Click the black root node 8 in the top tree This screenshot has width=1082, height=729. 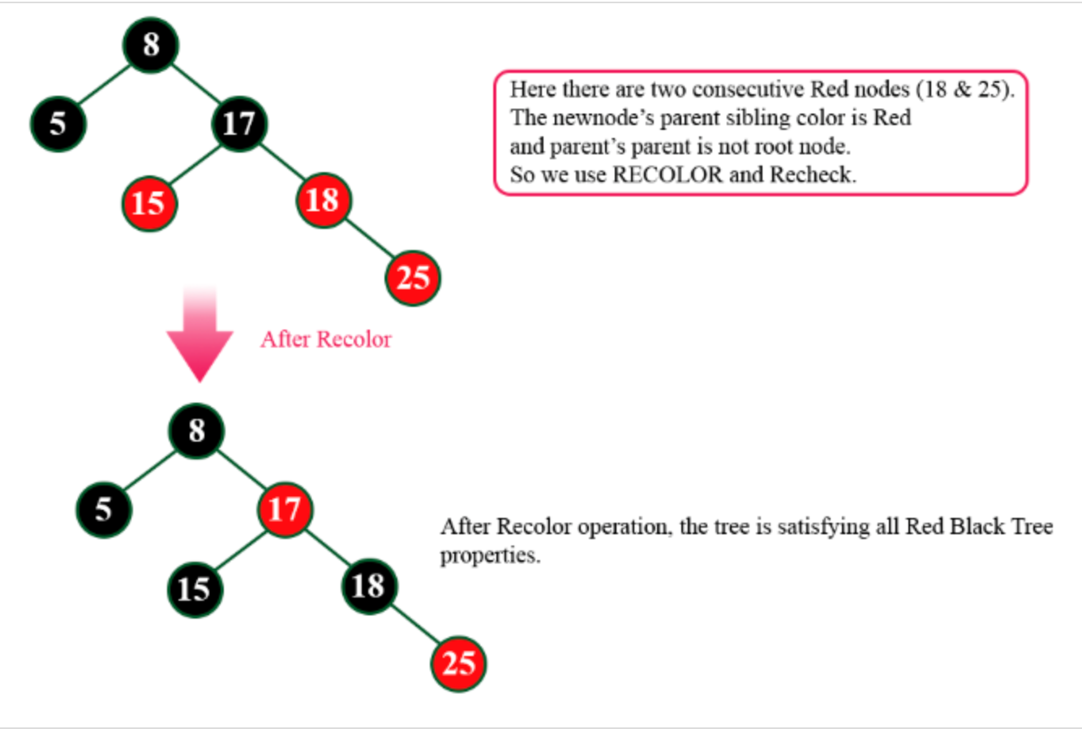pos(151,45)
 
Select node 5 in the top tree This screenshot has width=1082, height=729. pos(58,123)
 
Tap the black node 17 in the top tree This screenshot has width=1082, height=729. pos(239,123)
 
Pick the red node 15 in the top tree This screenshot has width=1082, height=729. pos(149,202)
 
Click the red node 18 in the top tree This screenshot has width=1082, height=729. pos(323,200)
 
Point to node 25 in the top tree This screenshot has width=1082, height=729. pos(413,278)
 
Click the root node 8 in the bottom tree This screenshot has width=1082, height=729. pos(196,430)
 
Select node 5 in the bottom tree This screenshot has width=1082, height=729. pos(104,509)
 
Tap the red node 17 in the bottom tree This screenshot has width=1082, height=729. pos(285,509)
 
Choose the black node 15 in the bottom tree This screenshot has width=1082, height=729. pos(195,588)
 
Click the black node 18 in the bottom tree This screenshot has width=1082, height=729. pos(368,585)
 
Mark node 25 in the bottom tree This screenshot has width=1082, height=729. pos(458,663)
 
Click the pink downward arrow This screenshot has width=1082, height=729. pos(199,333)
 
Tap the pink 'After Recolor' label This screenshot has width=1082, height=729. pos(325,339)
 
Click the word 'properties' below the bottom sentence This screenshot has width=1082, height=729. pos(489,556)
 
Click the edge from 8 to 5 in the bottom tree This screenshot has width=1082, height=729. pos(150,469)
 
